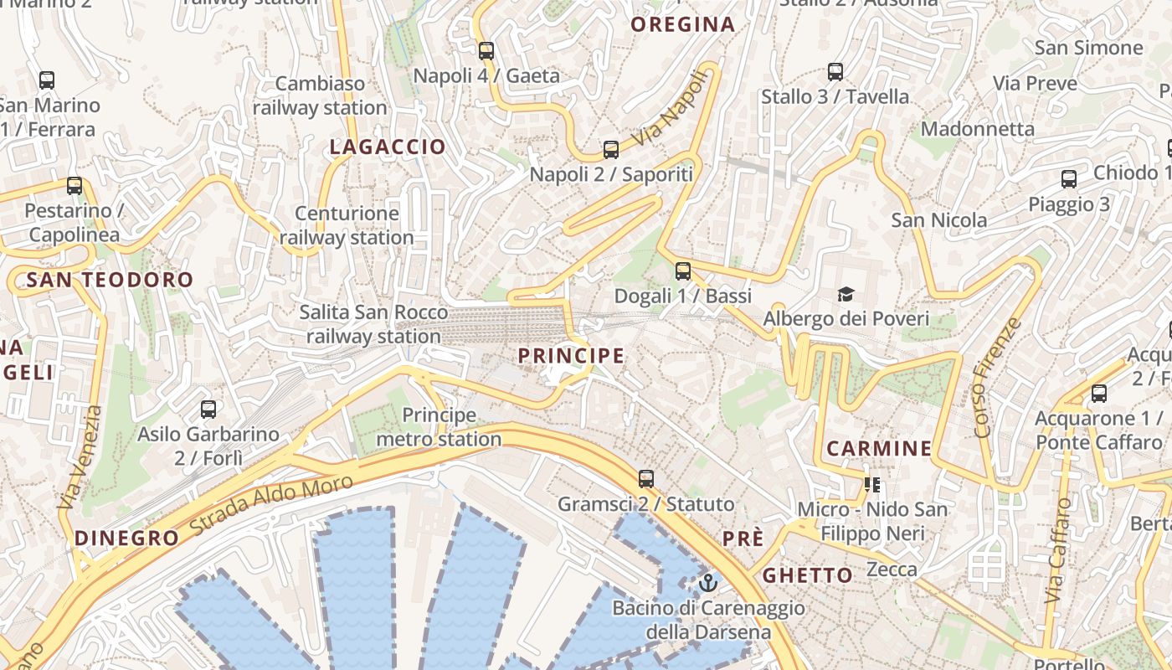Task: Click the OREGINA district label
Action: [x=682, y=25]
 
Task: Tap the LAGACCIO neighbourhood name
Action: [x=388, y=147]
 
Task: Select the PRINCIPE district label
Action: [x=571, y=356]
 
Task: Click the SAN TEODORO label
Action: [x=110, y=280]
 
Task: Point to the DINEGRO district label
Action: [x=127, y=539]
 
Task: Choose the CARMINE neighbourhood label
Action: [x=879, y=449]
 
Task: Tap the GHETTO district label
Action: [x=807, y=575]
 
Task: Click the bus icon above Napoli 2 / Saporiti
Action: [x=611, y=150]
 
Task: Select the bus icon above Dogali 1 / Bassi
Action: [x=683, y=271]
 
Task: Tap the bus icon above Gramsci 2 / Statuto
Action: [x=646, y=479]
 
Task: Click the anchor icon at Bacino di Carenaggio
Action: [x=709, y=582]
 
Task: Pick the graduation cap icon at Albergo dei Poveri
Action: [x=846, y=295]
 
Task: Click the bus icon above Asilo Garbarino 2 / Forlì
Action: [x=208, y=410]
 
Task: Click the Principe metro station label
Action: [x=439, y=427]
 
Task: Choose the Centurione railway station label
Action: [x=347, y=225]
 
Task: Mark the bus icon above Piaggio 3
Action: [x=1069, y=179]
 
